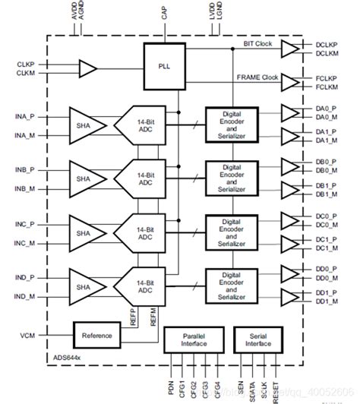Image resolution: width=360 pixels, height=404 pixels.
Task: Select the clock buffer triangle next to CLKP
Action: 88,70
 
